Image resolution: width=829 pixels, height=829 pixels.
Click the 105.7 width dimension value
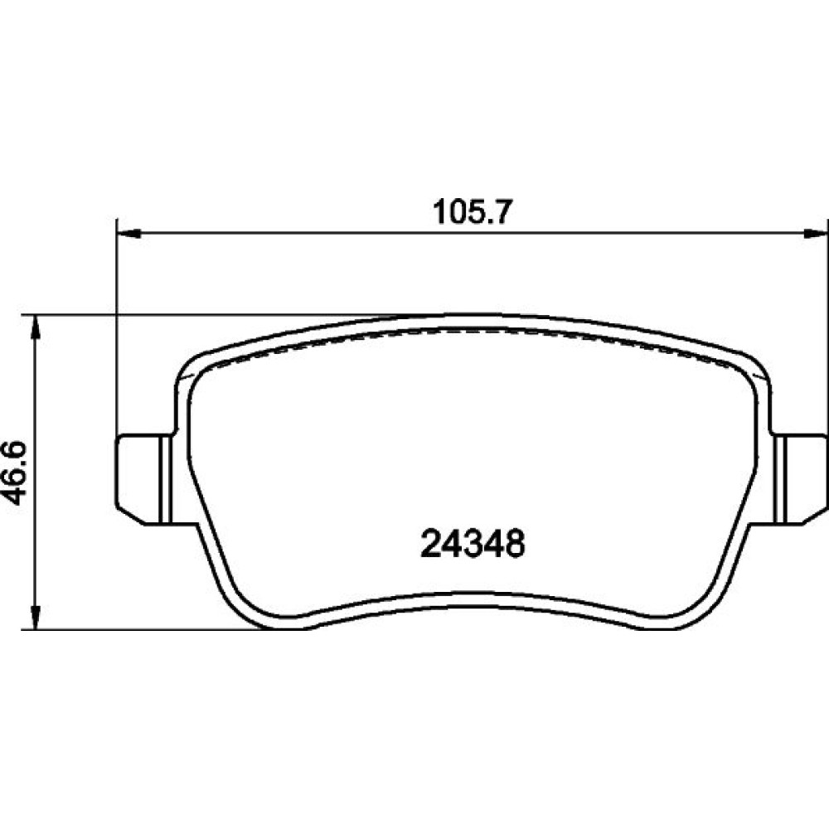click(x=473, y=212)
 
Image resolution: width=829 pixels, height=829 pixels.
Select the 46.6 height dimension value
click(x=14, y=473)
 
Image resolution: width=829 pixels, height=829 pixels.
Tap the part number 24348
click(x=473, y=544)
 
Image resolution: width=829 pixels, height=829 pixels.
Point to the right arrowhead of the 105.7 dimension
click(x=815, y=233)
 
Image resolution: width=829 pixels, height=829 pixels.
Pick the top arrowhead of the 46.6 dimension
click(x=36, y=327)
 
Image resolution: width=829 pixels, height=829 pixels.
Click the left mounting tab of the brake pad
click(x=143, y=479)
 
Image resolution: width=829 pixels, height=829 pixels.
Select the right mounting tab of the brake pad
click(x=800, y=479)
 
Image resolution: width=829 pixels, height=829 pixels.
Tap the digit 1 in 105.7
click(x=440, y=212)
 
